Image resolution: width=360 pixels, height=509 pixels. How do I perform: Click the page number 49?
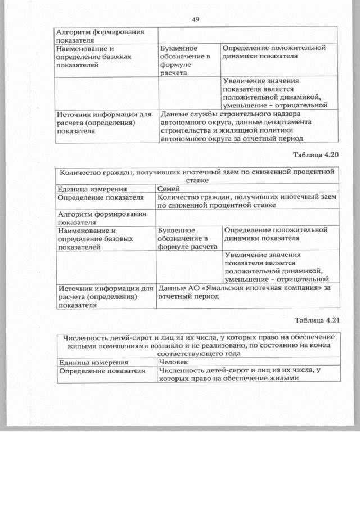196,20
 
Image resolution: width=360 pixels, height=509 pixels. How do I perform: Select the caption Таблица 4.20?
317,154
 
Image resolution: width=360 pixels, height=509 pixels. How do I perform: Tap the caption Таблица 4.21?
317,320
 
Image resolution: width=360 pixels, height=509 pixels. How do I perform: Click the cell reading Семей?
169,189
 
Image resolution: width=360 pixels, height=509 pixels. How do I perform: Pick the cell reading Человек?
174,363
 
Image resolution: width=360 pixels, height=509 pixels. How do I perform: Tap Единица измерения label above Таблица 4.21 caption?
92,189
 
